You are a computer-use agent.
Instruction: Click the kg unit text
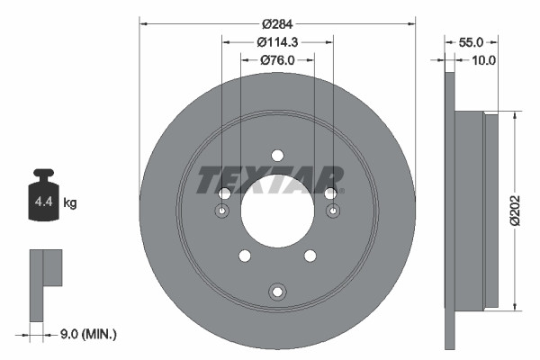(71, 203)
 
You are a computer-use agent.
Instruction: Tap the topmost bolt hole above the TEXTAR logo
(277, 154)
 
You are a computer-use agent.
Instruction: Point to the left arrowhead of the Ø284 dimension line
(143, 23)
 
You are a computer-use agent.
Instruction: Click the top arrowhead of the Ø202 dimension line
(514, 115)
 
